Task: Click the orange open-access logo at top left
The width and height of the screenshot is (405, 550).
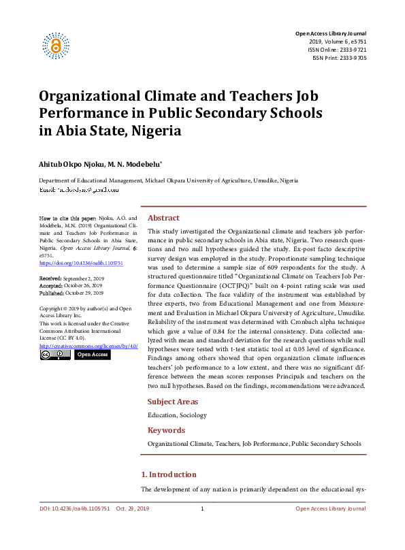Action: click(56, 45)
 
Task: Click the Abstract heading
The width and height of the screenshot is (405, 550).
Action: click(163, 218)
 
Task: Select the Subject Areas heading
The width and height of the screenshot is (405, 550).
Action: click(173, 402)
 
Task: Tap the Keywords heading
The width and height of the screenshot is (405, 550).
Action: click(166, 430)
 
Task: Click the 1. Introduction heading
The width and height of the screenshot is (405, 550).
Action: click(168, 474)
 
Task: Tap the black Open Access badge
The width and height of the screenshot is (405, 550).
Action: click(92, 355)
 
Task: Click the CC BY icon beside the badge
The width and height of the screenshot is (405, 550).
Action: click(55, 355)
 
